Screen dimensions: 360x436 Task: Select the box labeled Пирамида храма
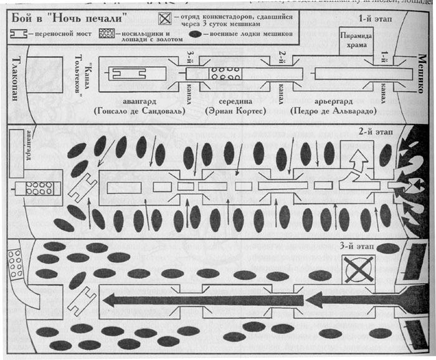click(357, 40)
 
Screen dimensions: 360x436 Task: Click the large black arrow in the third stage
click(206, 300)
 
